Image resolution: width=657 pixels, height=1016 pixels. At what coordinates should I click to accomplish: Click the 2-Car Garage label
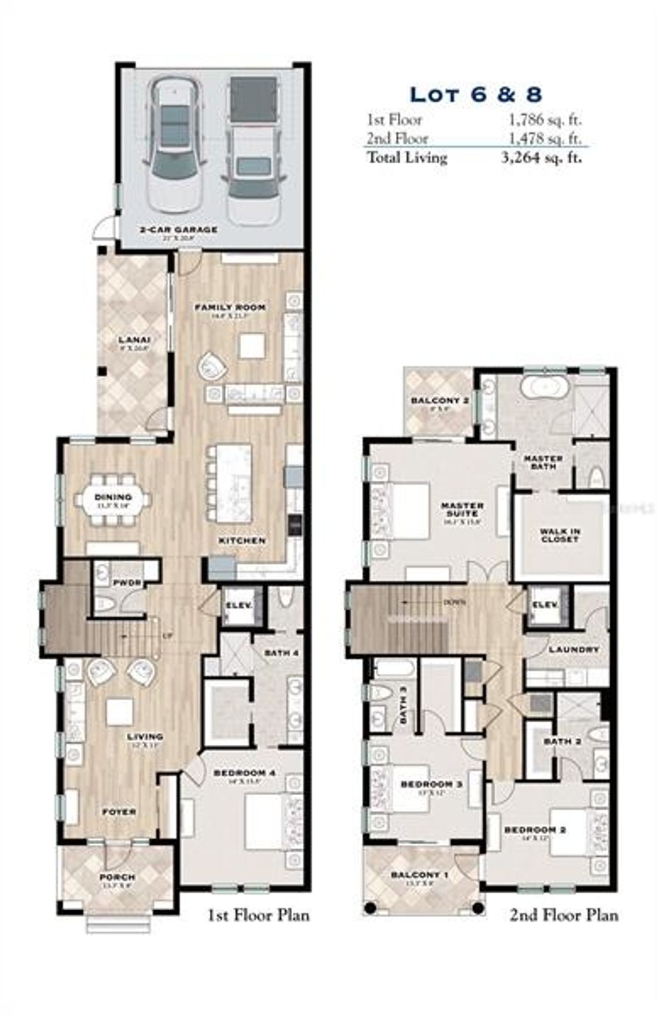178,229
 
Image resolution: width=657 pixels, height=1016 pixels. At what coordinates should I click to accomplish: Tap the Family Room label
230,307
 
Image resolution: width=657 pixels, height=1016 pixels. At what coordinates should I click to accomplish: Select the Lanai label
134,340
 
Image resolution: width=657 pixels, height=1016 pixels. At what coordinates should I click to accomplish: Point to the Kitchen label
242,541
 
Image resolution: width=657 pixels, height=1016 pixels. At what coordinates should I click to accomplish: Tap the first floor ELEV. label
239,605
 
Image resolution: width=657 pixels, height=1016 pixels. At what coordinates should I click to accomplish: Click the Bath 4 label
281,653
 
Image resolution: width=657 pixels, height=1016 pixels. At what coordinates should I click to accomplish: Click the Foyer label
119,812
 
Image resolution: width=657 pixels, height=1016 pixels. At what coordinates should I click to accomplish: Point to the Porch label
118,877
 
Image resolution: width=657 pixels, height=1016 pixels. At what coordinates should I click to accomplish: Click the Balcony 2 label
440,400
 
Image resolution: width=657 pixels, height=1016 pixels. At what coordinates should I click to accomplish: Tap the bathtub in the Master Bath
544,386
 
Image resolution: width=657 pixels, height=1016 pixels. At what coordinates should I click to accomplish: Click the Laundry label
574,650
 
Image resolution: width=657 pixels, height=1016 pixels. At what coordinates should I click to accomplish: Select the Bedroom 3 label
431,784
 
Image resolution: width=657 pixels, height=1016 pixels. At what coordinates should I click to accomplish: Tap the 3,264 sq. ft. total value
542,157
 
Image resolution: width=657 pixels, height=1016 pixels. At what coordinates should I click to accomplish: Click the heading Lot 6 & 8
476,95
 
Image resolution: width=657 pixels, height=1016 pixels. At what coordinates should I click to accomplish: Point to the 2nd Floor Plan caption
564,915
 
